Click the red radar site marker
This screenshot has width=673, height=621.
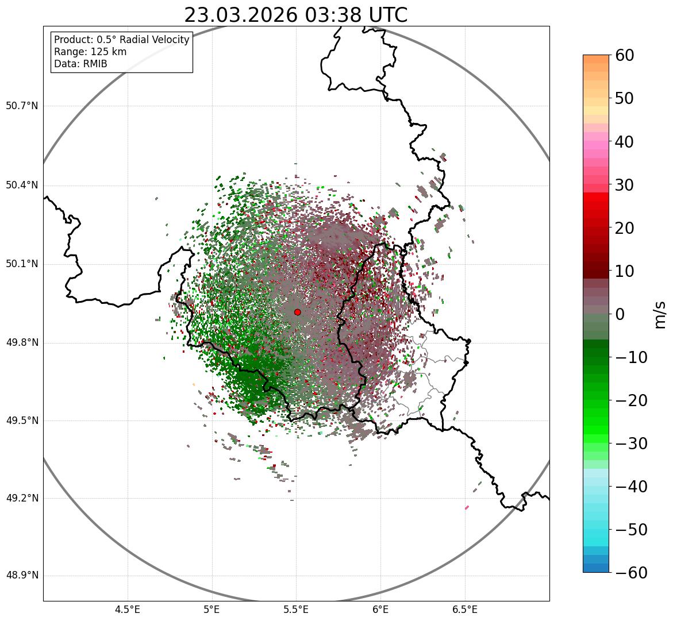(x=297, y=312)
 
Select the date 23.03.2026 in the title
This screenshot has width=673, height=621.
(x=241, y=16)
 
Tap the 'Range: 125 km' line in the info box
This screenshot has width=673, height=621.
(x=90, y=52)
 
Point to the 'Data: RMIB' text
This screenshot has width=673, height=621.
(x=80, y=64)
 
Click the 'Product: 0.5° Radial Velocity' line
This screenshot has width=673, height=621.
(x=121, y=40)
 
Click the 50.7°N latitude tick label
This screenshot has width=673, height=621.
(x=22, y=106)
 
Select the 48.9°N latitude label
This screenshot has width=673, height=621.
(x=22, y=576)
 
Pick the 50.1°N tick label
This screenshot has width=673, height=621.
(x=22, y=264)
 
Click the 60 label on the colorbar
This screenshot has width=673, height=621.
(x=625, y=55)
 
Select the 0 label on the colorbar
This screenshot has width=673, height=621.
(x=620, y=314)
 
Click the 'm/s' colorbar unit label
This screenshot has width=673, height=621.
(x=660, y=314)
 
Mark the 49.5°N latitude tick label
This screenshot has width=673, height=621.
(x=22, y=421)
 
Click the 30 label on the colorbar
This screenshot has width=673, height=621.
(x=625, y=185)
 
